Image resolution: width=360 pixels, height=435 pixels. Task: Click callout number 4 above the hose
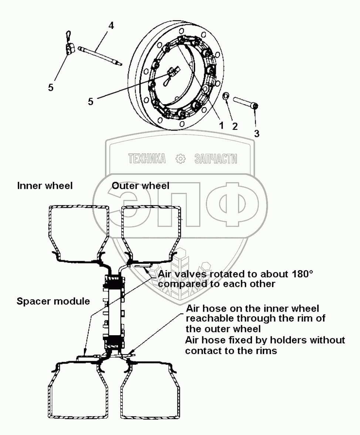111,26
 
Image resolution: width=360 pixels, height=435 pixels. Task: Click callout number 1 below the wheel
221,125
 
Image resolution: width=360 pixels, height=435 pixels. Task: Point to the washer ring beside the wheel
226,97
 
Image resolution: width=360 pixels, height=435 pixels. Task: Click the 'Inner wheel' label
45,186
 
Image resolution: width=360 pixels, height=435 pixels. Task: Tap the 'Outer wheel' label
140,186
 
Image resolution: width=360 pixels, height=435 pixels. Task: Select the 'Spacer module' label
53,301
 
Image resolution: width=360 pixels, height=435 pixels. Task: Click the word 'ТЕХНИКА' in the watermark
146,159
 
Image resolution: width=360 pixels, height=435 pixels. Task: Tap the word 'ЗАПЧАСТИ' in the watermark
215,159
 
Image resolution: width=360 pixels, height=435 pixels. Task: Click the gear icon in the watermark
180,159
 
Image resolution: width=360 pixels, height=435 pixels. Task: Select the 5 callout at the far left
51,87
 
